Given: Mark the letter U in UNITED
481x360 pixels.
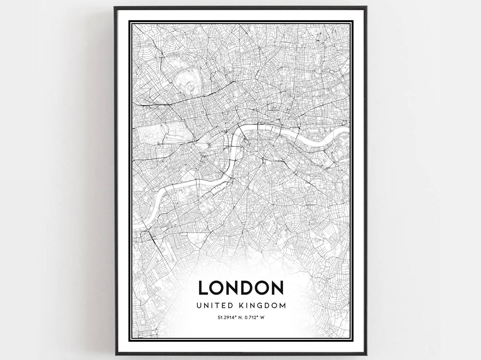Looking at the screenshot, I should click(x=199, y=305).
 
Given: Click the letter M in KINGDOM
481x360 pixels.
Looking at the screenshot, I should click(x=282, y=305).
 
